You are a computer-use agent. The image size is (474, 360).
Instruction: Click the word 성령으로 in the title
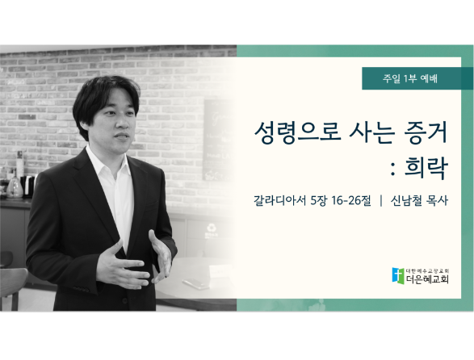pyautogui.click(x=298, y=132)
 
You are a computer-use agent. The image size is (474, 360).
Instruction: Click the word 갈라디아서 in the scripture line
pyautogui.click(x=280, y=200)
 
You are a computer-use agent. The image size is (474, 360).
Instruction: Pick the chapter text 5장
pyautogui.click(x=319, y=200)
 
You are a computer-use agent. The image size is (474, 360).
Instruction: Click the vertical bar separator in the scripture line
pyautogui.click(x=380, y=201)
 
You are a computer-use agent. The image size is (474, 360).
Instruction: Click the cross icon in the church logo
pyautogui.click(x=398, y=275)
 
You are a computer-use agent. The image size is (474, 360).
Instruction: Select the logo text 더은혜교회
pyautogui.click(x=427, y=279)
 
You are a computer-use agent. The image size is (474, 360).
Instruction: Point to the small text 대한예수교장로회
pyautogui.click(x=427, y=270)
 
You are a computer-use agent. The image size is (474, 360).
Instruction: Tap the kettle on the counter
pyautogui.click(x=15, y=186)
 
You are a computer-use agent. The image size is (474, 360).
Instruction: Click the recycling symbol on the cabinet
pyautogui.click(x=210, y=228)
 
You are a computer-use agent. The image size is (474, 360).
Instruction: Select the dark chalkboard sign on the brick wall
pyautogui.click(x=219, y=140)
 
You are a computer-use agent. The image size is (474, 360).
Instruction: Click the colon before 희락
pyautogui.click(x=393, y=171)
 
